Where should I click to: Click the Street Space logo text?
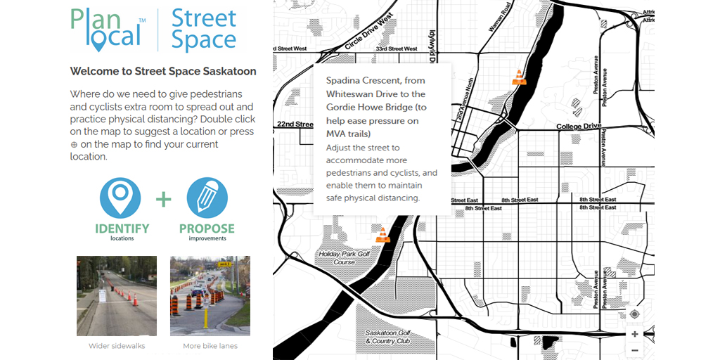tap(203, 30)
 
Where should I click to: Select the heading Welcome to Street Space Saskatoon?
tap(163, 71)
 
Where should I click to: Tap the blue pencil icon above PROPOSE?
tap(207, 198)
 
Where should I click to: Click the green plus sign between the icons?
tap(163, 200)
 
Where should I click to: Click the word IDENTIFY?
tap(122, 228)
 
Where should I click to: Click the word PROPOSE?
tap(207, 228)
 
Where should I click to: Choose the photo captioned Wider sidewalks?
tap(117, 296)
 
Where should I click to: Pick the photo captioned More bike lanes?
tap(210, 296)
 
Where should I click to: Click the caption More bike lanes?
tap(210, 346)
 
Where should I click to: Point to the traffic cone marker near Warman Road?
tap(519, 77)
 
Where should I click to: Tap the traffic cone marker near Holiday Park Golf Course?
tap(382, 235)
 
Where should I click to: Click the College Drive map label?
tap(579, 127)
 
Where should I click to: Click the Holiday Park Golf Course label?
tap(344, 258)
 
